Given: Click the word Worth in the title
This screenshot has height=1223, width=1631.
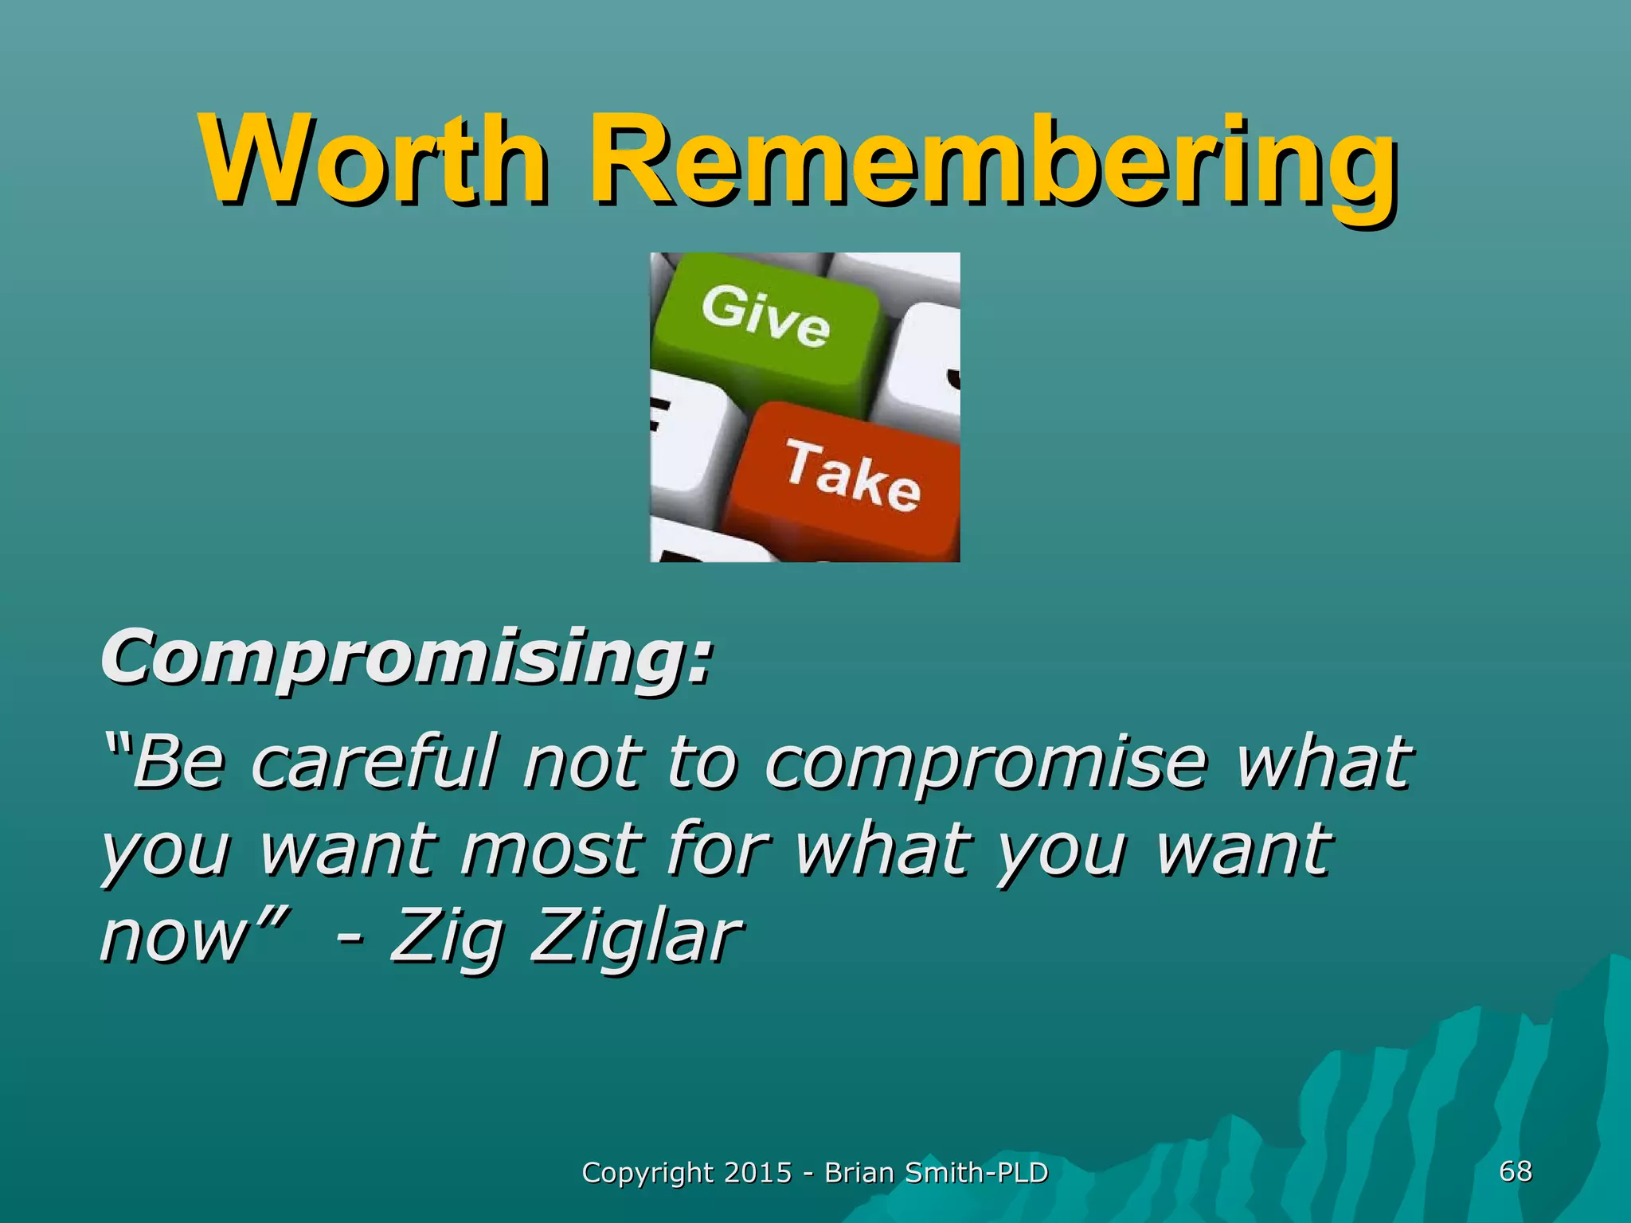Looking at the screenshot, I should click(374, 159).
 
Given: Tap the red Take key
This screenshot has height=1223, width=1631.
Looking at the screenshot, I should click(852, 478).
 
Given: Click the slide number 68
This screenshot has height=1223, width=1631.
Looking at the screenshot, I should click(1515, 1171).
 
